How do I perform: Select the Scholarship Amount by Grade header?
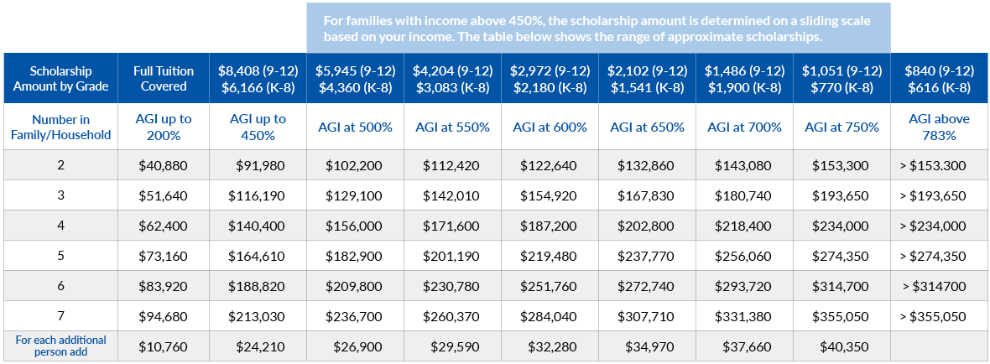coord(60,79)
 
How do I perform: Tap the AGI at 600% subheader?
coord(550,127)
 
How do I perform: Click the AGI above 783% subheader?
coord(939,127)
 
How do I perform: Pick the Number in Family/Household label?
coord(60,127)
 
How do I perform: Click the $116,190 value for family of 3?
coord(258,196)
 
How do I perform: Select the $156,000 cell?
coord(355,226)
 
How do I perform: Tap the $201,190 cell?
coord(452,257)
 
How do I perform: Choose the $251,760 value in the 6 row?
coord(550,287)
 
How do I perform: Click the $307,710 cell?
coord(647,317)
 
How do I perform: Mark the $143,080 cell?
coord(744,166)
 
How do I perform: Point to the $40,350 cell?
coord(841,346)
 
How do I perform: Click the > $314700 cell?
coord(939,287)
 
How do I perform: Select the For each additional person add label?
coord(60,346)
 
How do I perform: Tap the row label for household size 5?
coord(60,257)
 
